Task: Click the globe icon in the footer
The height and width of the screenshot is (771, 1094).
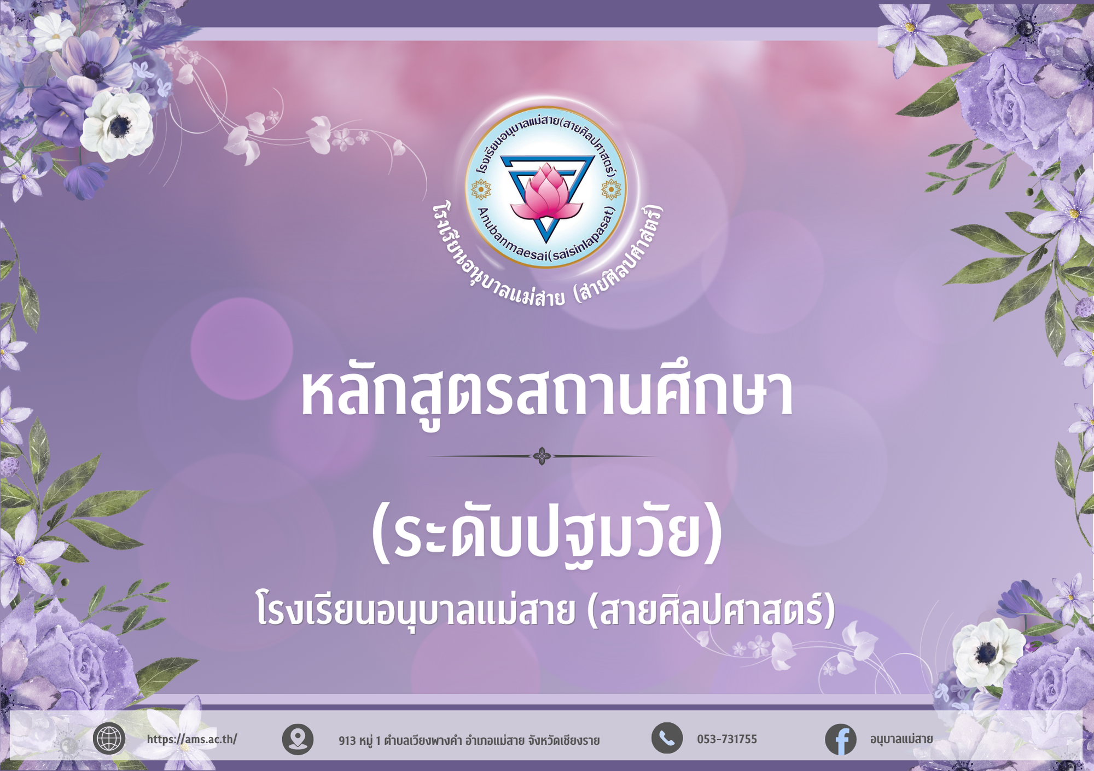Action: click(x=109, y=739)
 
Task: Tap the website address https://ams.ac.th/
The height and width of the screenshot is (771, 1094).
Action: click(x=192, y=739)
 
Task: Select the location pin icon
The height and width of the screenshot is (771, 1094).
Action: click(x=298, y=739)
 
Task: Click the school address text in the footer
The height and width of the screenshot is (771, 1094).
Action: click(x=469, y=740)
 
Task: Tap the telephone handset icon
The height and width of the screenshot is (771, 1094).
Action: click(x=667, y=738)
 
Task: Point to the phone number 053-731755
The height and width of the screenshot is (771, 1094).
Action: click(x=727, y=739)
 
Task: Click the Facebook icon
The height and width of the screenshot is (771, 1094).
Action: click(x=841, y=739)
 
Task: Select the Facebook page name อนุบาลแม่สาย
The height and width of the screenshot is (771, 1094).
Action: click(x=901, y=739)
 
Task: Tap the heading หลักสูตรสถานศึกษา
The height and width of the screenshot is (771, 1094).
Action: click(x=546, y=394)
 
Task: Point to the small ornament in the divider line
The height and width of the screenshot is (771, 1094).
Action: click(x=542, y=456)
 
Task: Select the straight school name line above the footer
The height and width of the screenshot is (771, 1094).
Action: click(x=546, y=611)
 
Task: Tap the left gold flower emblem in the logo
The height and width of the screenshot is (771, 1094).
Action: click(x=481, y=190)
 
